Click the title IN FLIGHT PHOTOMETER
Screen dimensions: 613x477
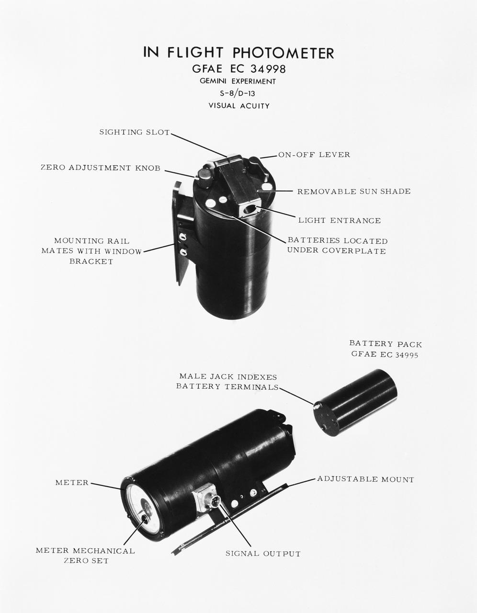point(238,52)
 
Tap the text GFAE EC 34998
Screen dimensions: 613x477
point(238,69)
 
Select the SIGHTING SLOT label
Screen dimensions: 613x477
point(135,132)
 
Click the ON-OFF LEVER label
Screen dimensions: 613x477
point(314,155)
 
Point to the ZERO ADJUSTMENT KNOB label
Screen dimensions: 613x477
point(100,168)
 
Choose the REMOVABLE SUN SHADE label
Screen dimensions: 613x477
point(353,192)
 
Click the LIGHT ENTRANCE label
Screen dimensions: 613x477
point(339,221)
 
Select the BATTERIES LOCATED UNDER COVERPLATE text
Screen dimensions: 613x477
point(337,246)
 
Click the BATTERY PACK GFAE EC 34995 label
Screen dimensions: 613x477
point(386,349)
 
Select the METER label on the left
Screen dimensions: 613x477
point(72,483)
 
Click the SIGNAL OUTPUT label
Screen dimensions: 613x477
point(263,554)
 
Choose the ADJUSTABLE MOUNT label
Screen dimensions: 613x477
point(365,479)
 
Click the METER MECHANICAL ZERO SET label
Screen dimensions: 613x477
point(85,556)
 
